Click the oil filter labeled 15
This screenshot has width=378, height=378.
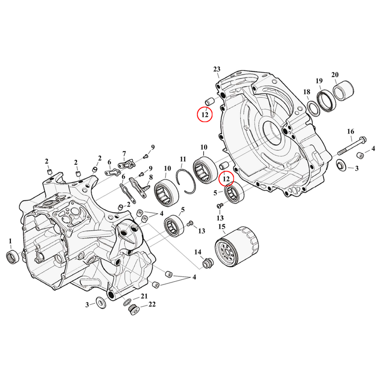pyautogui.click(x=237, y=248)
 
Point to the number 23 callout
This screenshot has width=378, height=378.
pyautogui.click(x=217, y=69)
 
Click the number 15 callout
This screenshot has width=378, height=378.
pyautogui.click(x=222, y=228)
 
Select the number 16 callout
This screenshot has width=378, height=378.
pyautogui.click(x=350, y=131)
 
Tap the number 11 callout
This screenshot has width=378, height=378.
pyautogui.click(x=183, y=158)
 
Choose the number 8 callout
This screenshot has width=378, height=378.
pyautogui.click(x=151, y=178)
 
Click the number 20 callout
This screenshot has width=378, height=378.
pyautogui.click(x=335, y=75)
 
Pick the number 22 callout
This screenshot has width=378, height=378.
pyautogui.click(x=152, y=304)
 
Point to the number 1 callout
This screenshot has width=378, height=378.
pyautogui.click(x=10, y=241)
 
